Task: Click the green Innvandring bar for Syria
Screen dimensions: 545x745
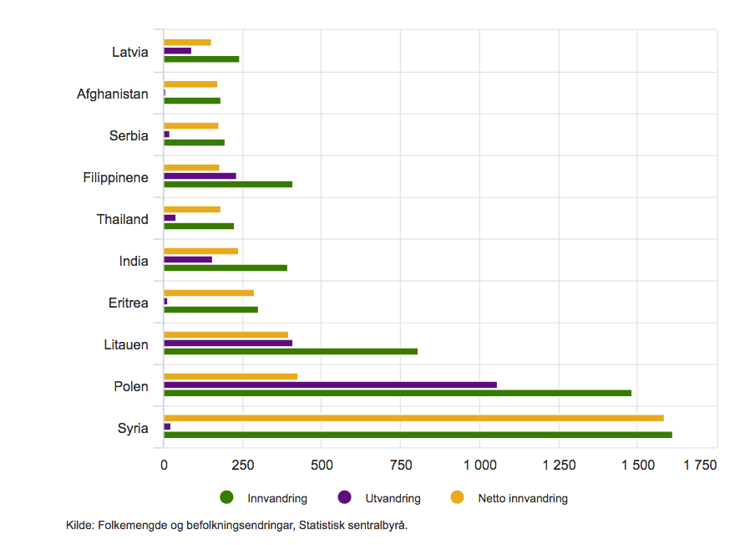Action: [x=418, y=435]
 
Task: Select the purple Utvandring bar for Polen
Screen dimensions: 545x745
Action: [x=330, y=385]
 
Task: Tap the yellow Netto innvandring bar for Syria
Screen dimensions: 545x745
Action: [x=413, y=418]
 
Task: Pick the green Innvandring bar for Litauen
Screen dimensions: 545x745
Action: [x=291, y=351]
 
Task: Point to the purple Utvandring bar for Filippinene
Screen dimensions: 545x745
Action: [x=200, y=176]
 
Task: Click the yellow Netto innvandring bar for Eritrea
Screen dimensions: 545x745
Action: [x=209, y=293]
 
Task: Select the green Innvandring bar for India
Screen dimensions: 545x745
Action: [x=226, y=267]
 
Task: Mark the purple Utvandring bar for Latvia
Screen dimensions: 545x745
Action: [x=177, y=50]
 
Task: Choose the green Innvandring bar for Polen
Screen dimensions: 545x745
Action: [x=398, y=393]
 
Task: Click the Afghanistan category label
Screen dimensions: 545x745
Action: [x=113, y=94]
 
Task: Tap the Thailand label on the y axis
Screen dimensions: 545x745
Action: [x=122, y=220]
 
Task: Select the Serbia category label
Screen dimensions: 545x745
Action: [x=129, y=136]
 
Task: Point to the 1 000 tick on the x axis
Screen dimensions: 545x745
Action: [x=479, y=465]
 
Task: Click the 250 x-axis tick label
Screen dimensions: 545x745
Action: [x=242, y=465]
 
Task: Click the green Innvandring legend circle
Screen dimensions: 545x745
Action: [x=226, y=497]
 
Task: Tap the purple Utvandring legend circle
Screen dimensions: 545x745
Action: [x=343, y=497]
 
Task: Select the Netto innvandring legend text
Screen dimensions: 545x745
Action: [x=523, y=498]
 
